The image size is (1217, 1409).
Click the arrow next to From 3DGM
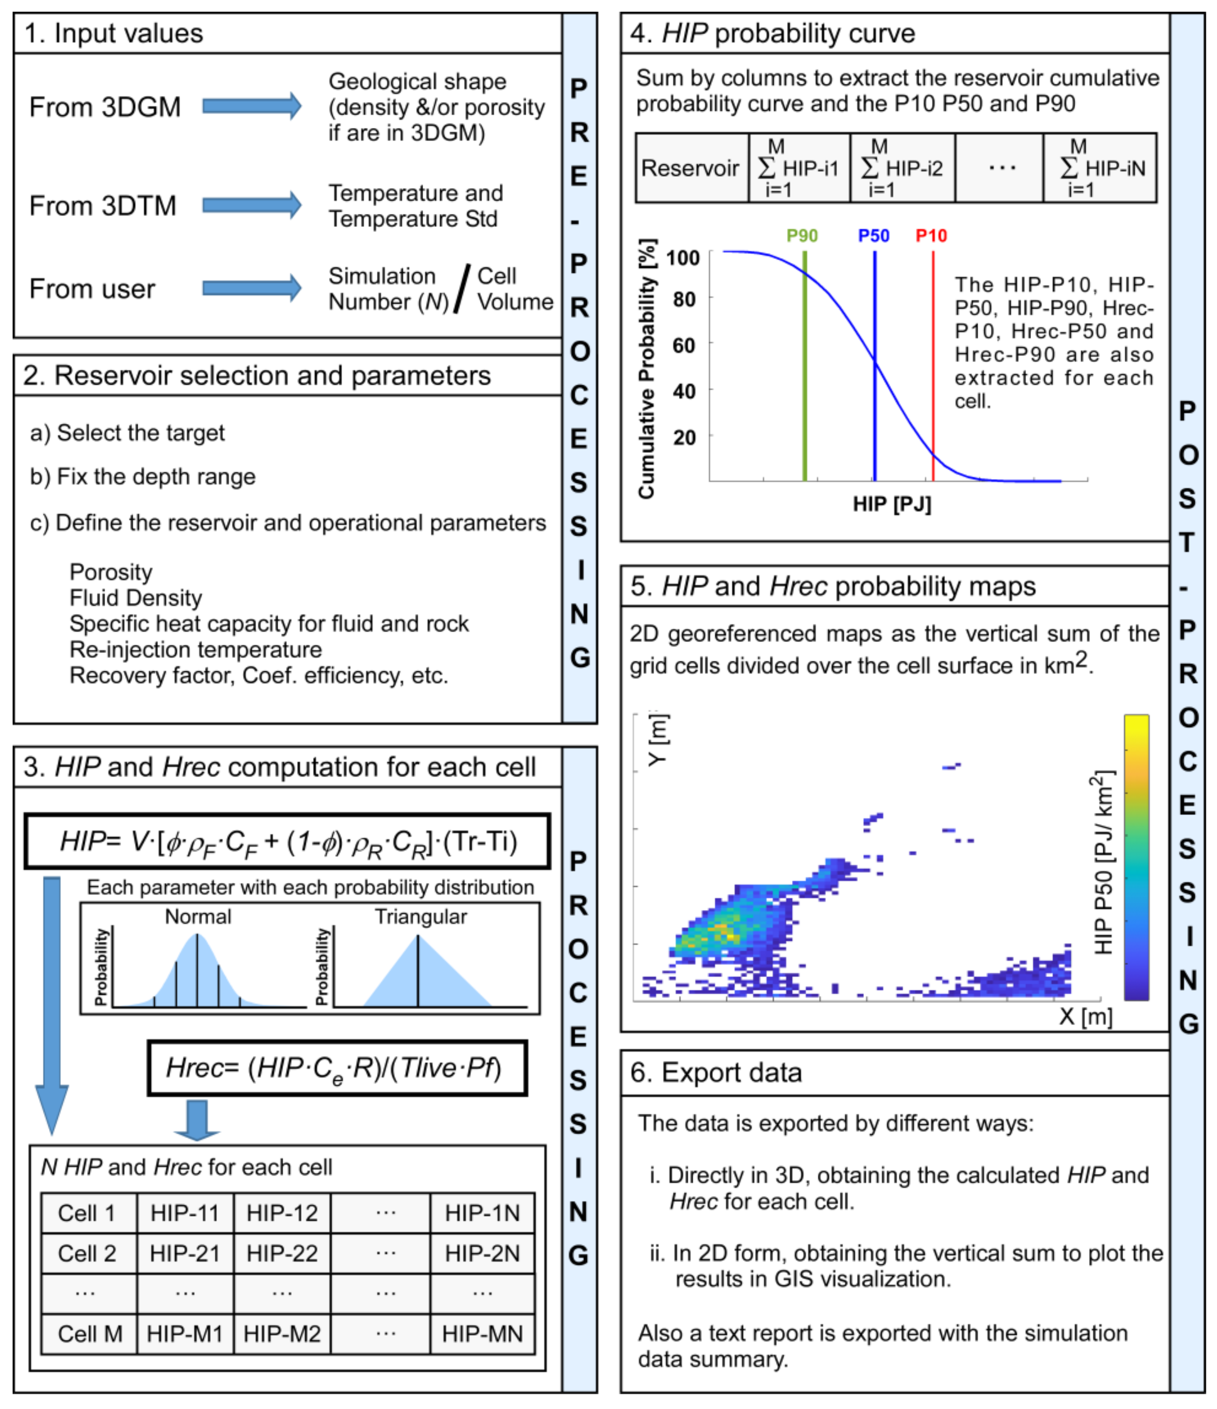click(252, 106)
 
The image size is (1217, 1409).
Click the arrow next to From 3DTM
click(252, 205)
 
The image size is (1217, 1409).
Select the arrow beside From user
click(252, 288)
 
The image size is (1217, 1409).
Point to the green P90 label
click(801, 236)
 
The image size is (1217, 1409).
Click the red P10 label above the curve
click(931, 236)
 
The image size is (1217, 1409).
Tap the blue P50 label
click(873, 236)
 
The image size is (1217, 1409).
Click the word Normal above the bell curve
click(198, 917)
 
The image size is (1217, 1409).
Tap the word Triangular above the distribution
click(421, 917)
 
